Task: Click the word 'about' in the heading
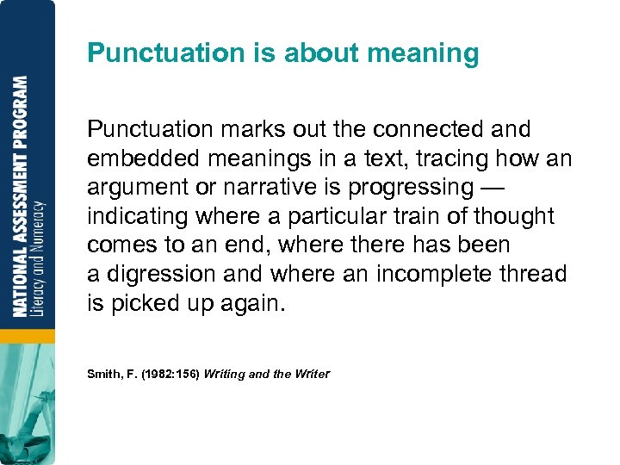(x=320, y=53)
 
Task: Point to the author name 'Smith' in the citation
(x=103, y=374)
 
